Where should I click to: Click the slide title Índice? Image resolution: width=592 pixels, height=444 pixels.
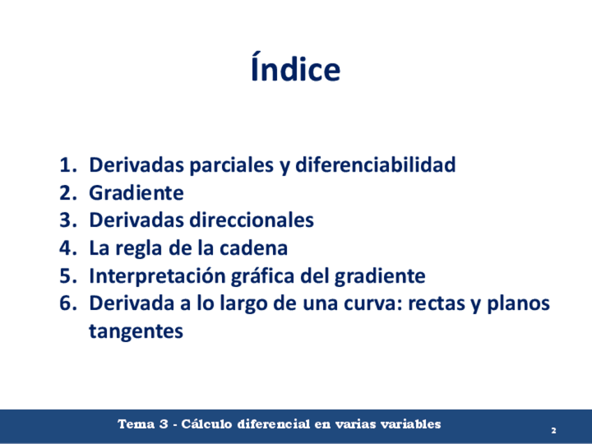click(295, 67)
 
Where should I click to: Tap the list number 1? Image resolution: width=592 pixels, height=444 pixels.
click(68, 165)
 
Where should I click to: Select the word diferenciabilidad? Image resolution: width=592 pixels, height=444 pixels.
click(376, 165)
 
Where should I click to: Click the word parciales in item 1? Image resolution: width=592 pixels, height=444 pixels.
click(232, 165)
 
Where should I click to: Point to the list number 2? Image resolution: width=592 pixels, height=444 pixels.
click(68, 193)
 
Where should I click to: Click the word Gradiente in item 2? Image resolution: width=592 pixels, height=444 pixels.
click(136, 193)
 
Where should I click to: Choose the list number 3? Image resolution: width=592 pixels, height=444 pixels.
click(68, 220)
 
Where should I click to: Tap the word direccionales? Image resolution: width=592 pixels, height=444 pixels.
click(251, 220)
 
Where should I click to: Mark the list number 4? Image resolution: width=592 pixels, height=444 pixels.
click(68, 248)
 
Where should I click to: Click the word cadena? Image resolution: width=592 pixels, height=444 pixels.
click(253, 248)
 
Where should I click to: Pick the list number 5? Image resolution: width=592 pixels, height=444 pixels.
click(68, 276)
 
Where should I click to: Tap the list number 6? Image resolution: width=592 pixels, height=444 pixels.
click(68, 303)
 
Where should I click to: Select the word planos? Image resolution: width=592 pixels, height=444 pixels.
click(519, 304)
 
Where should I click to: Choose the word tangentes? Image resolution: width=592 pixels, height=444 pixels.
click(136, 332)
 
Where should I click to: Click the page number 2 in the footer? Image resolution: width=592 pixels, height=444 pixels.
click(554, 430)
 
